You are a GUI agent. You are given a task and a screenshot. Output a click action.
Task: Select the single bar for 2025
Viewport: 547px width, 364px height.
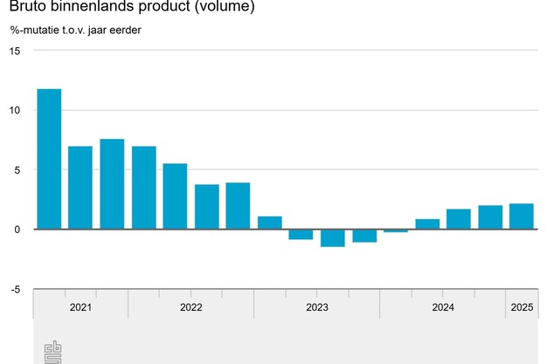point(522,216)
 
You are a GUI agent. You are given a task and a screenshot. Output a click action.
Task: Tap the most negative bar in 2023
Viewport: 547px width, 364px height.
point(332,237)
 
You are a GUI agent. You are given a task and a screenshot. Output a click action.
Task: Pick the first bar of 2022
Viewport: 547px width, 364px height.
point(144,188)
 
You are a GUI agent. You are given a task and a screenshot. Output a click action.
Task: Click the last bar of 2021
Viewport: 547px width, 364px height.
point(112,184)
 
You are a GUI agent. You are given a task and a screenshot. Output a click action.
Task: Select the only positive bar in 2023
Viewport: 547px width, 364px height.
point(269,223)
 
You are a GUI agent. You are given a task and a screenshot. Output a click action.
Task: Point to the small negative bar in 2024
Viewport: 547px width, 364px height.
point(395,230)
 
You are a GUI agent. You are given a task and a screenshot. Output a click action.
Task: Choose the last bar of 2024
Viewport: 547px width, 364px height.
point(490,217)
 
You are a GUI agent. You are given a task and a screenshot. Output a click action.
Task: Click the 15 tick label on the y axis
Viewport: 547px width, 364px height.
point(13,51)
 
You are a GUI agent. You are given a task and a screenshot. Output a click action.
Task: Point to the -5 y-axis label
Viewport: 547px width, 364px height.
point(13,289)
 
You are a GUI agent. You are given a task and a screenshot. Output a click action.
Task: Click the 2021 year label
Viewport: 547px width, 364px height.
point(80,307)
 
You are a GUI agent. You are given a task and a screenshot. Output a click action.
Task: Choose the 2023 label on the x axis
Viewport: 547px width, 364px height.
point(316,307)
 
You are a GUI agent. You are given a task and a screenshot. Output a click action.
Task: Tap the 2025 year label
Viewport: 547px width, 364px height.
point(522,307)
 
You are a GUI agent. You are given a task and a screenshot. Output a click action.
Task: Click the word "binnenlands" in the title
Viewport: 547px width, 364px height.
point(97,8)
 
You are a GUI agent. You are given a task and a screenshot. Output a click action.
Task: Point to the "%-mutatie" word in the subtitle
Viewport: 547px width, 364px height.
point(35,31)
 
